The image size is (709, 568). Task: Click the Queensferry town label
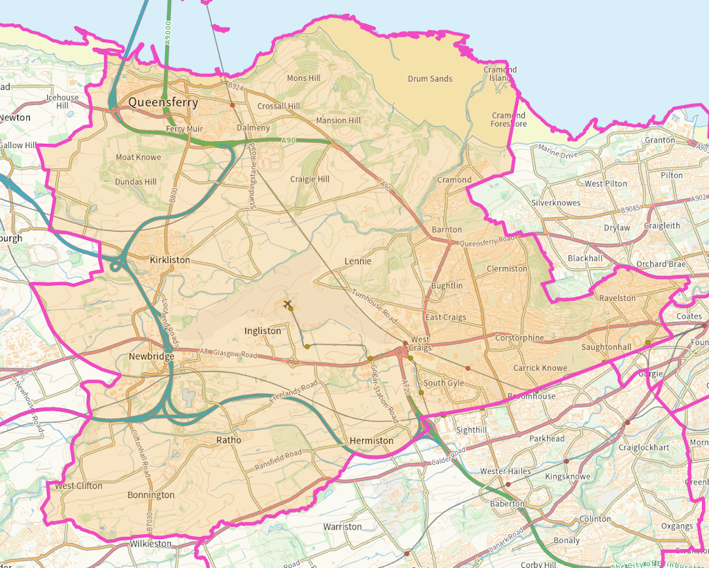(x=163, y=103)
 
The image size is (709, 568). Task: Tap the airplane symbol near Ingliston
(x=287, y=304)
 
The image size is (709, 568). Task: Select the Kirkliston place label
(x=170, y=260)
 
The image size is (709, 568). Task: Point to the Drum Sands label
(x=430, y=79)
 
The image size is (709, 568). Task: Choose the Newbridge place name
(x=152, y=356)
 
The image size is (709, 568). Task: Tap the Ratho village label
(x=228, y=440)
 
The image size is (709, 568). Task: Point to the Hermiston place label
(x=371, y=441)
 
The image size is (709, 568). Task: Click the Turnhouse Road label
(x=375, y=306)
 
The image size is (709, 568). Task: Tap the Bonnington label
(x=151, y=495)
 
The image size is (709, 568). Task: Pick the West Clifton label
(x=78, y=486)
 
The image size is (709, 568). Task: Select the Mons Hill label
(x=303, y=78)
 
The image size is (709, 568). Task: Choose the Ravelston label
(x=618, y=298)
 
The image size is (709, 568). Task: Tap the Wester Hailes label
(x=505, y=471)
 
